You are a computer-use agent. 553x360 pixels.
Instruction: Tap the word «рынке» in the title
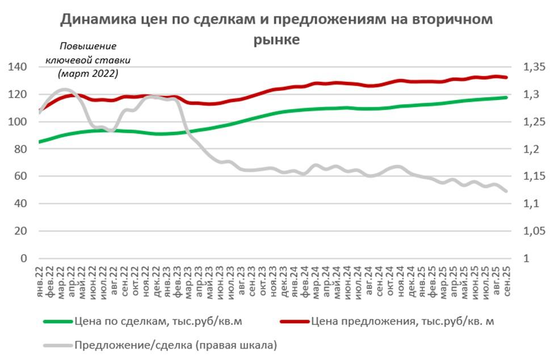[276, 40]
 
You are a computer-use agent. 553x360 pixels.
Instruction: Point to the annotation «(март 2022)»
[88, 73]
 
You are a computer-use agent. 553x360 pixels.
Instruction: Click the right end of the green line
[506, 98]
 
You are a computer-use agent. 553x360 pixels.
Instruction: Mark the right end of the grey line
[506, 191]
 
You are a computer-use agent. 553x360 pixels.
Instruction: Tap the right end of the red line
[506, 77]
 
